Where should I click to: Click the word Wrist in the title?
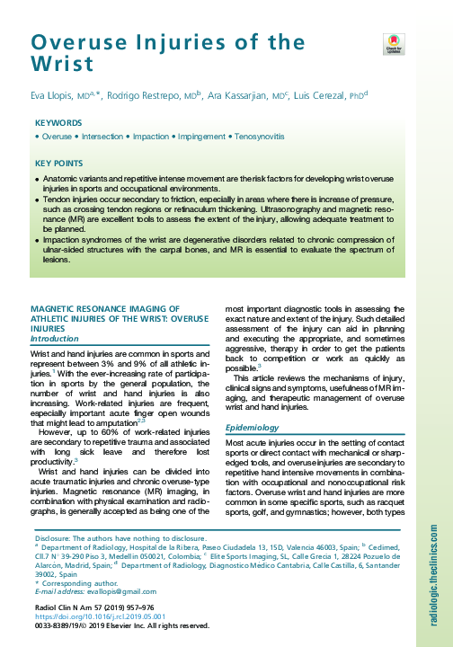pos(61,65)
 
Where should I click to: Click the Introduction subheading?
pos(56,339)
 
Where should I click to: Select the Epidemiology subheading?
pos(253,429)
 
